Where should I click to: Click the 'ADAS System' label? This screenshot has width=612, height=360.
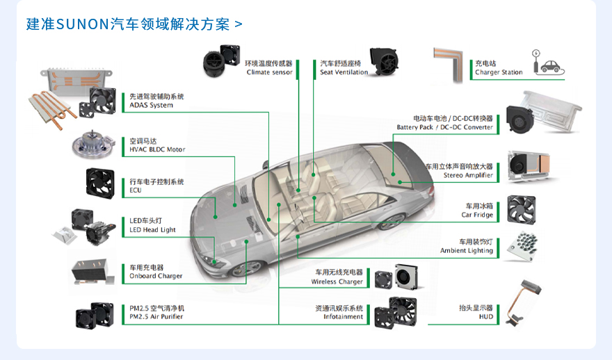tap(152, 105)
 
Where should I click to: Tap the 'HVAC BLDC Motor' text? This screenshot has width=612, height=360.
tap(157, 149)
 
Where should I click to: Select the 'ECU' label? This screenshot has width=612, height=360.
tap(136, 190)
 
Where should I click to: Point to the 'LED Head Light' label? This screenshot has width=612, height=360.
tap(152, 229)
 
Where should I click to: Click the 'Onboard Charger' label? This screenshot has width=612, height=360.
tap(156, 276)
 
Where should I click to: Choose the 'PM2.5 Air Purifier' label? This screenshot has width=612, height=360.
tap(156, 317)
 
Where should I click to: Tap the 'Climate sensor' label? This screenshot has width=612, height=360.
tap(268, 72)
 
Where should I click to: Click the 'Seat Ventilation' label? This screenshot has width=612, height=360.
tap(344, 72)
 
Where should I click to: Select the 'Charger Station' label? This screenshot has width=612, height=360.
tap(499, 72)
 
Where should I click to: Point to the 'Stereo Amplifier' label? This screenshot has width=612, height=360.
tap(468, 175)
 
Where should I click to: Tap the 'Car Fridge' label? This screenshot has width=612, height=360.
tap(477, 215)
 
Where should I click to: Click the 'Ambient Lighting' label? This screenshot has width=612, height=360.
tap(466, 250)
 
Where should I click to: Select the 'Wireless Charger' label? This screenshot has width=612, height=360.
tap(337, 281)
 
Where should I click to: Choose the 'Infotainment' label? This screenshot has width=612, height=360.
tap(343, 317)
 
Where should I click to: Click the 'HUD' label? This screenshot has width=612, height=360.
tap(485, 317)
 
